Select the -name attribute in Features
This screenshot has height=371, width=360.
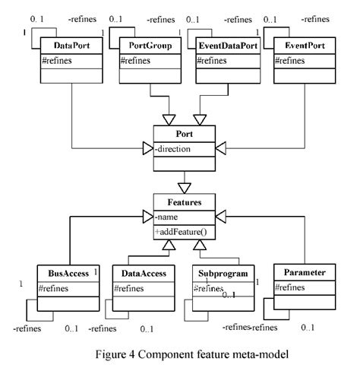168,217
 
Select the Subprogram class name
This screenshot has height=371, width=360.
219,271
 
